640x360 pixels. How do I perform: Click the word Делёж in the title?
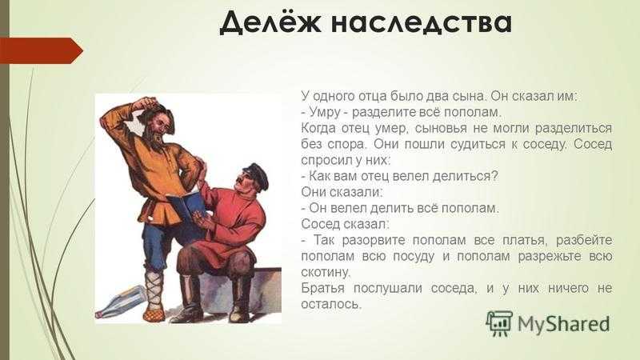[x=270, y=23]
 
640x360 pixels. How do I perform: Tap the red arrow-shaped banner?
[x=42, y=50]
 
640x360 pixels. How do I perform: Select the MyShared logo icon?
[x=498, y=323]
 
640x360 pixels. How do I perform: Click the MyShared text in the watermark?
[x=563, y=324]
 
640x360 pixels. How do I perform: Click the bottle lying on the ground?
[x=121, y=302]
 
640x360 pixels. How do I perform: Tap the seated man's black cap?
[x=255, y=174]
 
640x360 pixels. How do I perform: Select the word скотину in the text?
[x=326, y=272]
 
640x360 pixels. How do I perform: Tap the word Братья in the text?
[x=322, y=288]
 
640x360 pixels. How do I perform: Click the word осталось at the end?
[x=331, y=304]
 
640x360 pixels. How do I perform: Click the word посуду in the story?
[x=413, y=256]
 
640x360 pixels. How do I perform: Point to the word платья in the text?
[x=524, y=240]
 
